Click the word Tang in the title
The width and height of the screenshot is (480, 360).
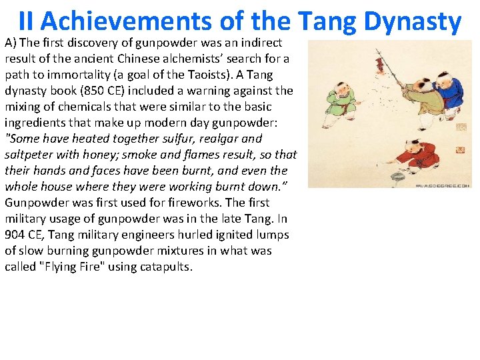tap(327, 21)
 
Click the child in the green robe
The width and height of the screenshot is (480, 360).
tap(341, 100)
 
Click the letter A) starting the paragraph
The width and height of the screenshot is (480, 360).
tap(11, 43)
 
